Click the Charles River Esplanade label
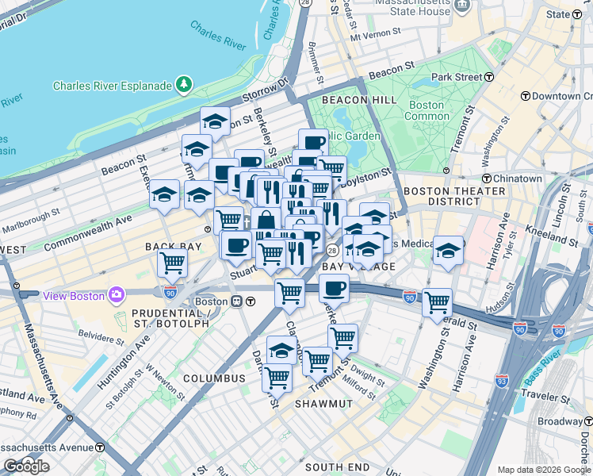113,86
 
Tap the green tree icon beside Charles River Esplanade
184,83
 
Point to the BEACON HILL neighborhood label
344,100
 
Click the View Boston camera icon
117,295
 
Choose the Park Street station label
457,77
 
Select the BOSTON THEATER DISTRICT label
454,197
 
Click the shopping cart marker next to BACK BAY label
172,263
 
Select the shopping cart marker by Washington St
437,302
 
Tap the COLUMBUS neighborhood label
214,378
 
